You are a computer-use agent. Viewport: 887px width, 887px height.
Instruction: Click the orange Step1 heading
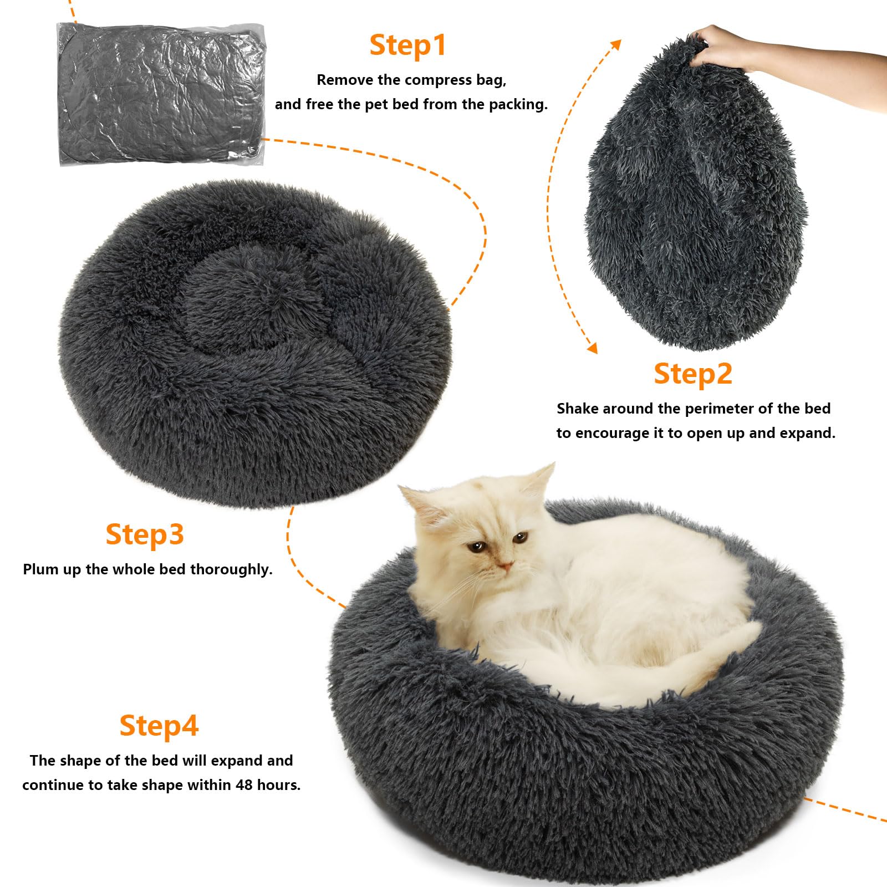(407, 45)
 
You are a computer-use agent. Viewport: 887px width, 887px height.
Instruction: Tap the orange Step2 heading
(693, 374)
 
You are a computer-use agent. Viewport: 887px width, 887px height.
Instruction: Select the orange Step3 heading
(144, 534)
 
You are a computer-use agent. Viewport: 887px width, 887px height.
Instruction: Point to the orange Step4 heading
(159, 726)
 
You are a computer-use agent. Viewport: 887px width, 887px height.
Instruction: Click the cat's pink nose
(505, 567)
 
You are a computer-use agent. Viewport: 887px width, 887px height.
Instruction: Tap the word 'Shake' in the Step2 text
(577, 409)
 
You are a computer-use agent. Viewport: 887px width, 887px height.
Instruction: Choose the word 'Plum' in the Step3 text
(39, 569)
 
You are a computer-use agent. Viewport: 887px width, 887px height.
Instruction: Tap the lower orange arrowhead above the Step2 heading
(592, 348)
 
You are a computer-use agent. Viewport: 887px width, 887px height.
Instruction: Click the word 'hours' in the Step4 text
(277, 785)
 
